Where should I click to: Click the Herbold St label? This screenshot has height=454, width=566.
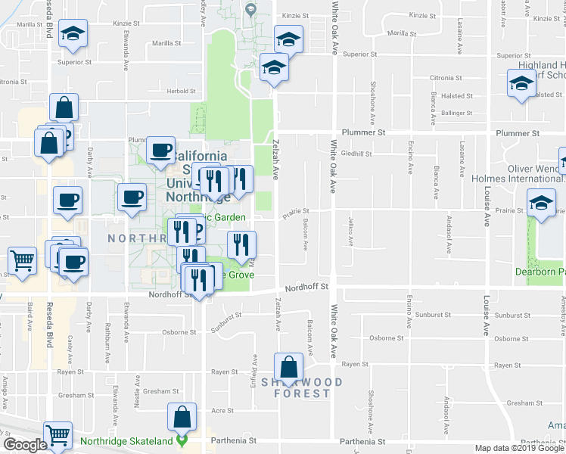pyautogui.click(x=182, y=91)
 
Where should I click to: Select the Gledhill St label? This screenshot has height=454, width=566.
pyautogui.click(x=356, y=153)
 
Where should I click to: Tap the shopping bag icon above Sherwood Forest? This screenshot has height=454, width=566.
pyautogui.click(x=288, y=368)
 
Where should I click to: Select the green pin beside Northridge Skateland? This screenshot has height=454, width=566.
pyautogui.click(x=182, y=439)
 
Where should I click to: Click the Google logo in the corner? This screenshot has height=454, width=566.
pyautogui.click(x=25, y=444)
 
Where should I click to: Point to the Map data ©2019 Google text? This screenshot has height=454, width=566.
pyautogui.click(x=519, y=448)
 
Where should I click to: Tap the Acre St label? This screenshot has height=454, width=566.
pyautogui.click(x=222, y=410)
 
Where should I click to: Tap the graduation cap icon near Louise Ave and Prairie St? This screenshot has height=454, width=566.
pyautogui.click(x=542, y=204)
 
